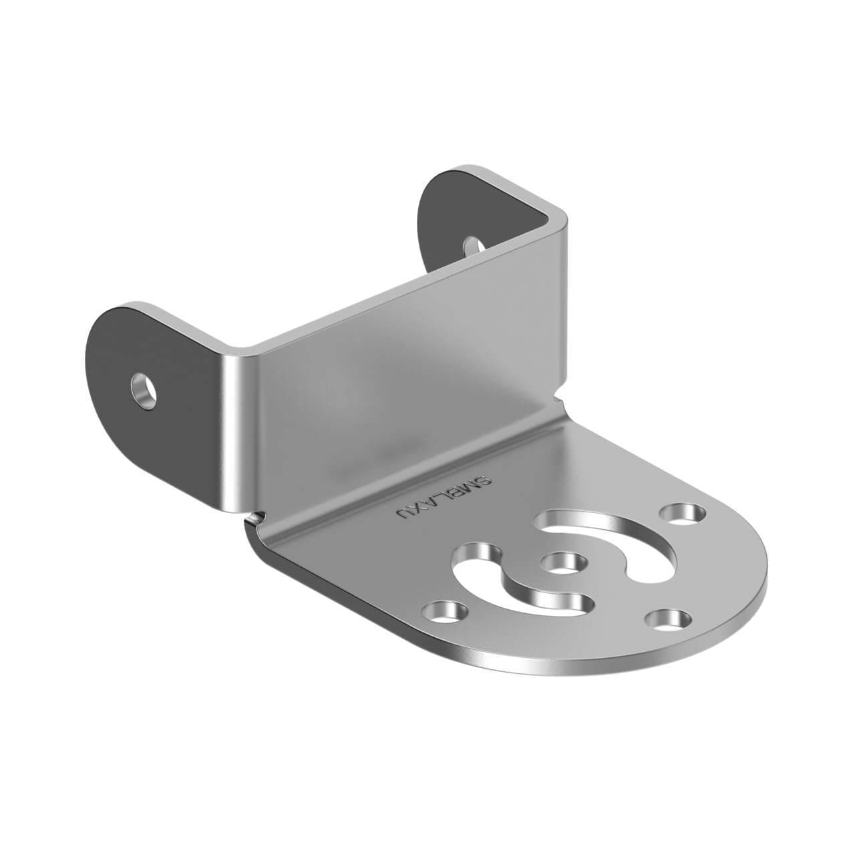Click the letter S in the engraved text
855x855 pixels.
487,479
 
